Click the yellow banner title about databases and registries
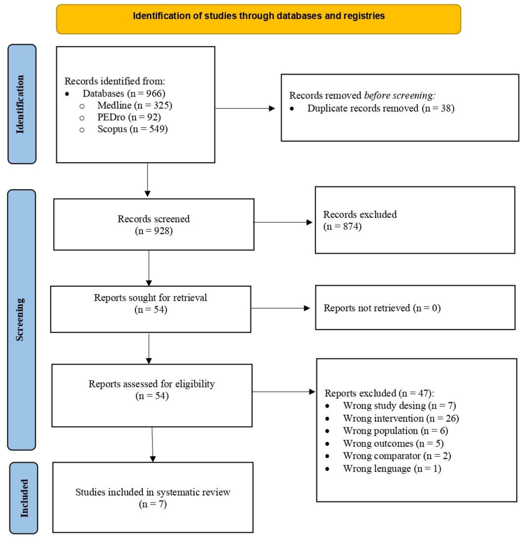(x=259, y=16)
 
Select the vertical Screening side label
(x=20, y=320)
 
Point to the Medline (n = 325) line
(x=134, y=105)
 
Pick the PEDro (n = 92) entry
(x=129, y=117)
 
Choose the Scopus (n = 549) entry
(x=132, y=129)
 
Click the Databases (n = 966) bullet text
(x=124, y=93)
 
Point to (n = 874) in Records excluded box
(x=342, y=226)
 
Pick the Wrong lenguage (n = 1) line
(x=392, y=469)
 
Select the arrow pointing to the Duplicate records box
(x=245, y=108)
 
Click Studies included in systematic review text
(x=153, y=492)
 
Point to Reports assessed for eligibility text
(x=151, y=384)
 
